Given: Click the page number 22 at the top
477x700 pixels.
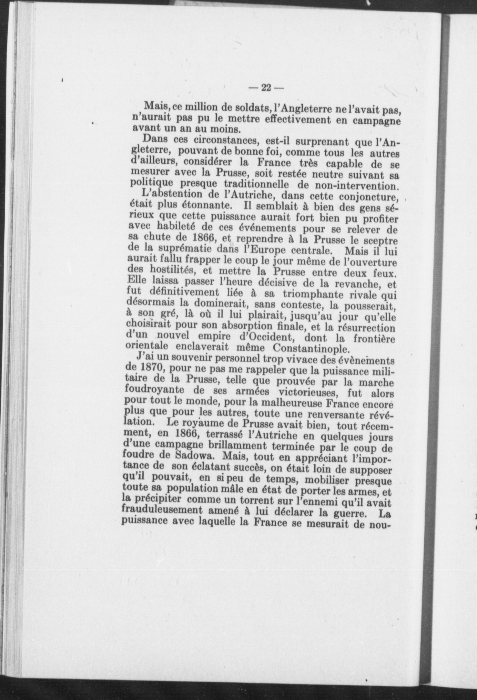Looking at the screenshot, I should pyautogui.click(x=266, y=88).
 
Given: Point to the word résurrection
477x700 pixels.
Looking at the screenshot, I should pyautogui.click(x=367, y=327).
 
